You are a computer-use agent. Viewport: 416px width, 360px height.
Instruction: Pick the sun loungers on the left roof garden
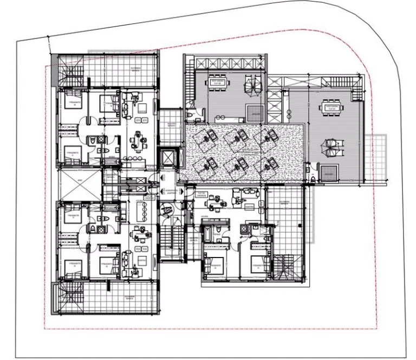[251, 84]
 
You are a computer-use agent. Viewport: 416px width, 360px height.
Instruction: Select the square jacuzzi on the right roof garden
[327, 173]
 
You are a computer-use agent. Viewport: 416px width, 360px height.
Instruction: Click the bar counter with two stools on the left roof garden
[222, 117]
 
